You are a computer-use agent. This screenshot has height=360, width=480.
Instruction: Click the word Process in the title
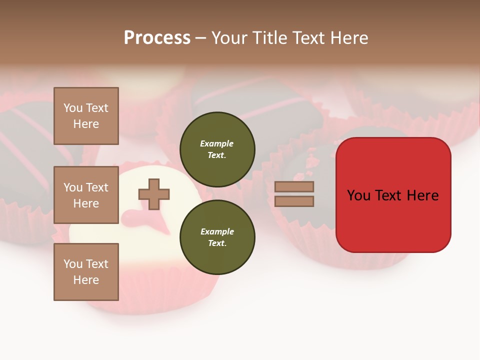[x=157, y=38]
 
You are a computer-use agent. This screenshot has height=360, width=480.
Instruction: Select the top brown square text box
[x=86, y=116]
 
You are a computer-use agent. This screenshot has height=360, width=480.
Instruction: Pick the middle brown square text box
[x=86, y=195]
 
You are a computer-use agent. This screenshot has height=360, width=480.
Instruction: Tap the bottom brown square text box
[x=86, y=271]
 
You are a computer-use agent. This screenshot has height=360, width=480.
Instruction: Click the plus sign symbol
[x=154, y=194]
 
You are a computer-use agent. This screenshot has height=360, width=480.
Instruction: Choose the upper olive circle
[x=217, y=149]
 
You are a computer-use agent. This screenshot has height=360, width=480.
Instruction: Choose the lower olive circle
[x=217, y=237]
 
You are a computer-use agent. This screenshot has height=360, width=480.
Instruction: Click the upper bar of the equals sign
[x=294, y=186]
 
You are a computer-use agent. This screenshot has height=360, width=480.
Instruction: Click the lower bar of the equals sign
[x=294, y=201]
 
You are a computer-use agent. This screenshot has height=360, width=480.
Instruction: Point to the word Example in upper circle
[x=217, y=143]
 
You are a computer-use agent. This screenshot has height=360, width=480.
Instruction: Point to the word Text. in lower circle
[x=217, y=243]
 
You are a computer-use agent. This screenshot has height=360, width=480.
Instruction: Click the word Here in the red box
[x=422, y=195]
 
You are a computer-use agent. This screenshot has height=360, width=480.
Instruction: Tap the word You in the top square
[x=73, y=108]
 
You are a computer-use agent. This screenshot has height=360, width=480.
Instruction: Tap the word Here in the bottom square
[x=86, y=280]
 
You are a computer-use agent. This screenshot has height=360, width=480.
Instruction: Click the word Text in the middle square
[x=97, y=187]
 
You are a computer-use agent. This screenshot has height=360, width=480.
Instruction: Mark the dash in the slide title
[x=200, y=38]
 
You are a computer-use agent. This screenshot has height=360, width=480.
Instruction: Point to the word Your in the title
[x=229, y=38]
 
